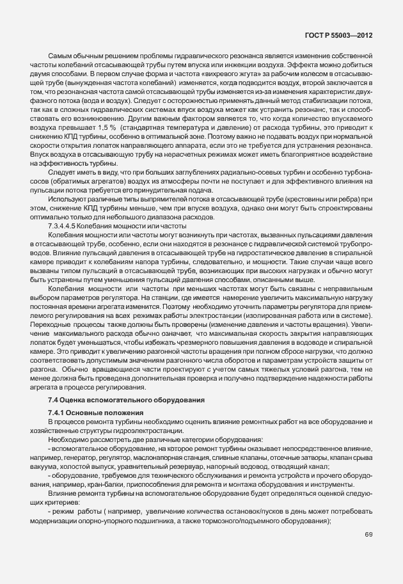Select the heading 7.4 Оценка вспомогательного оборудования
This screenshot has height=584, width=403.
126,400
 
